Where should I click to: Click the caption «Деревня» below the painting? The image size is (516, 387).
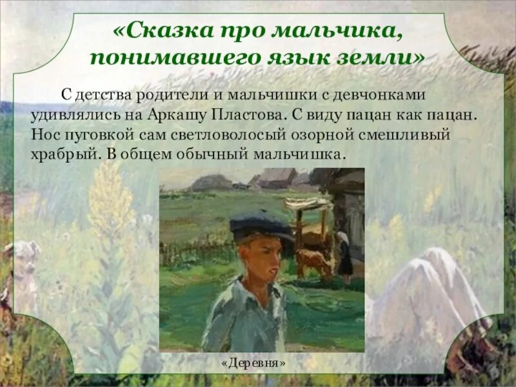262,362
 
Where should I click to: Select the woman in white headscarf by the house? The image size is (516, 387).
345,255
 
